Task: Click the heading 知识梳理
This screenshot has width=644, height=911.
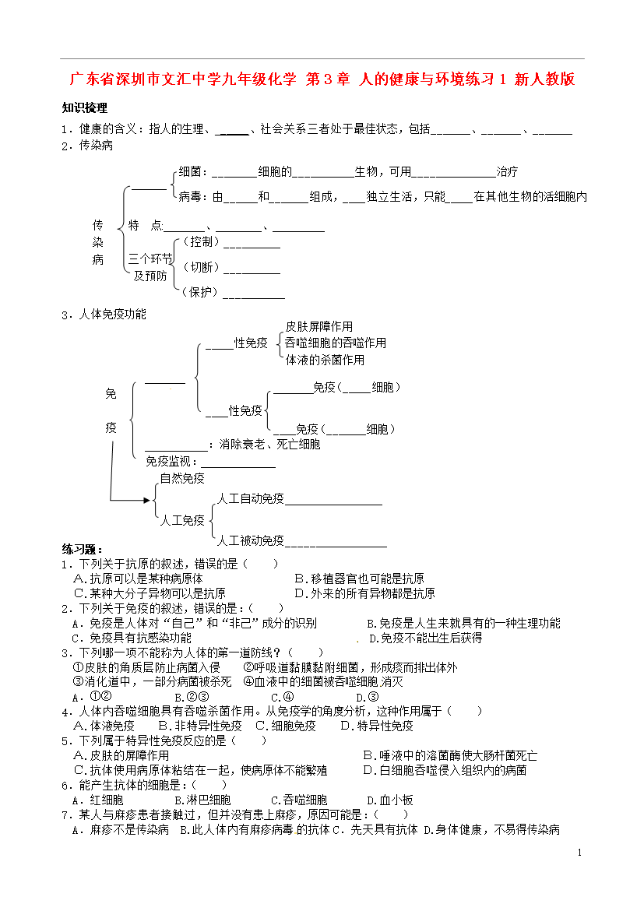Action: coord(85,108)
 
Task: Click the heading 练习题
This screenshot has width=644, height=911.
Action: coord(82,550)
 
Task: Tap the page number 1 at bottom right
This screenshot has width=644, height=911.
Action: coord(579,853)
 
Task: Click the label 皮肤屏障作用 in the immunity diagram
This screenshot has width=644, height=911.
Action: coord(319,326)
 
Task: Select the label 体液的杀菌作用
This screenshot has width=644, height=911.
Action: coord(325,361)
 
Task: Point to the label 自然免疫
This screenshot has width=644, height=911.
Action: coord(182,478)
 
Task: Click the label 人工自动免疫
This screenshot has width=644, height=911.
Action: coord(251,498)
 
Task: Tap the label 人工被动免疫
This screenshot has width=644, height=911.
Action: coord(251,541)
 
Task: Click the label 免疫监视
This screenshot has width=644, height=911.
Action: coord(168,461)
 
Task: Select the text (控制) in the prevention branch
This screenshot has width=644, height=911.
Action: coord(201,241)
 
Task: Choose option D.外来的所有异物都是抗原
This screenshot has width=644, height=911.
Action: coord(365,593)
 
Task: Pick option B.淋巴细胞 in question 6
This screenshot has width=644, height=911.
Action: coord(202,800)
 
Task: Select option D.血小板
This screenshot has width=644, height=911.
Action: coord(390,800)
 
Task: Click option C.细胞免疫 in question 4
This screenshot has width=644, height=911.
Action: coord(285,726)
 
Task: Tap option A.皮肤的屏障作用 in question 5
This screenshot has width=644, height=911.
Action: coord(121,755)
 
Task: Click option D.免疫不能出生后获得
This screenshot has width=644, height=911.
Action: coord(425,638)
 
